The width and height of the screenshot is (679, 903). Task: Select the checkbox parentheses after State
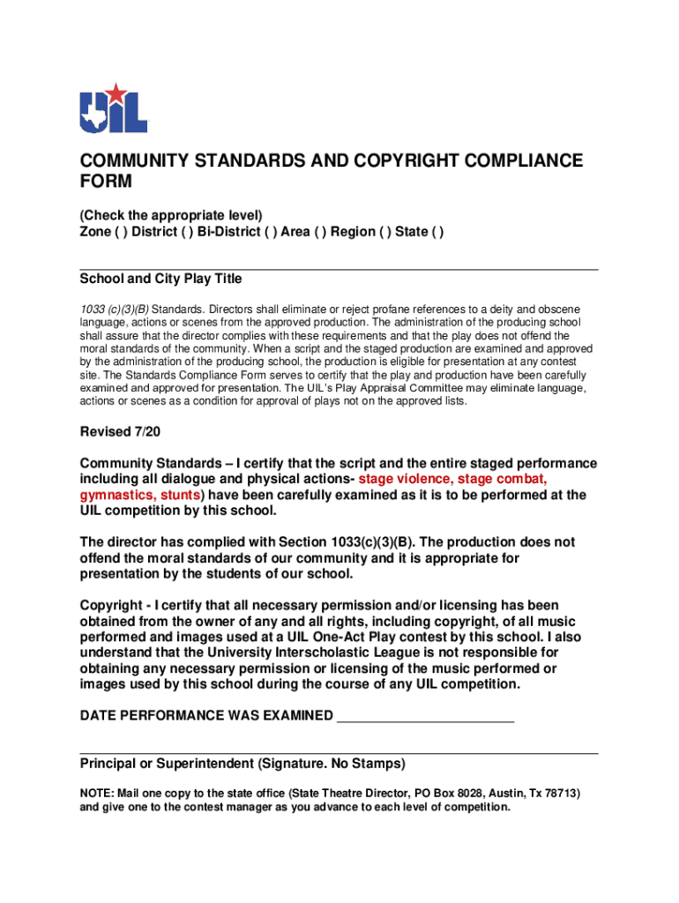[x=437, y=232]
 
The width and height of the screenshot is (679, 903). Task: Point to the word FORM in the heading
[x=106, y=183]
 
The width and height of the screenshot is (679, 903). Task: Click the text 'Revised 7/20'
[x=120, y=432]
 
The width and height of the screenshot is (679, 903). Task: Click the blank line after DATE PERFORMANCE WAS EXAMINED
[x=426, y=715]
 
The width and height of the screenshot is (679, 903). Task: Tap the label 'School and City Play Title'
[x=160, y=279]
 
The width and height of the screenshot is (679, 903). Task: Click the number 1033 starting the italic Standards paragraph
[x=93, y=310]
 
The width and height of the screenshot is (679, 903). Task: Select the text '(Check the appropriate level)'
[x=171, y=215]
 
